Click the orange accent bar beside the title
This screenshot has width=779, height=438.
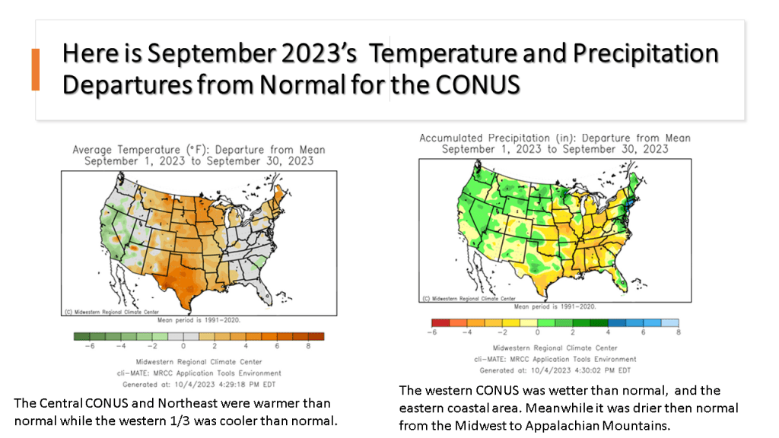35,69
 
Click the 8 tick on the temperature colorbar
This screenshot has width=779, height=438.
308,346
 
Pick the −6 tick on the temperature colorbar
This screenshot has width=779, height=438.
90,346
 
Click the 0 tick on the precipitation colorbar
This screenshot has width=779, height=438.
538,332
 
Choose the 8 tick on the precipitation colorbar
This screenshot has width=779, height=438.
678,332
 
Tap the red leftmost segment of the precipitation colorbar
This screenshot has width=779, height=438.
440,322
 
